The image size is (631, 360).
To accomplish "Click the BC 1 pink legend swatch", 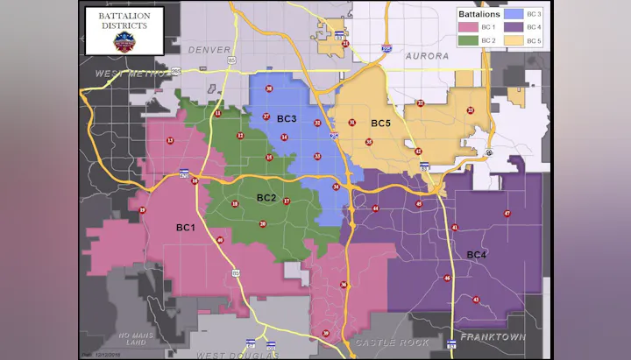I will (x=465, y=28).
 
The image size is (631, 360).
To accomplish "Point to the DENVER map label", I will (x=208, y=50).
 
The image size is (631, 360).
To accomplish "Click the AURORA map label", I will (x=427, y=56).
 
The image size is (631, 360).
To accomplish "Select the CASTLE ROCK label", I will (x=390, y=342).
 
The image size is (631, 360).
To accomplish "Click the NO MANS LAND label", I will (x=135, y=339).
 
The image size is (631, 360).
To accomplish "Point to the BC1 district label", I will (x=185, y=228).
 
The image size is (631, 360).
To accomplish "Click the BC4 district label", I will (x=477, y=255).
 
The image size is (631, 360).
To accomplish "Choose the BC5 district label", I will (x=380, y=124).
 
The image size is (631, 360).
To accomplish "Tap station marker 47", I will (x=507, y=214).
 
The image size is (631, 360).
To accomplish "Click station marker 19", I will (x=143, y=210).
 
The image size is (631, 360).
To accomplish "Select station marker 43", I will (x=476, y=300).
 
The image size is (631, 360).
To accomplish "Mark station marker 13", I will (x=169, y=140).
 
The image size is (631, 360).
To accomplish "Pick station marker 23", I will (x=421, y=103).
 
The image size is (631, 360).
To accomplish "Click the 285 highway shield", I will (x=176, y=70).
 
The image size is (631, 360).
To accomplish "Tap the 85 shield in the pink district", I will (x=236, y=273).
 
